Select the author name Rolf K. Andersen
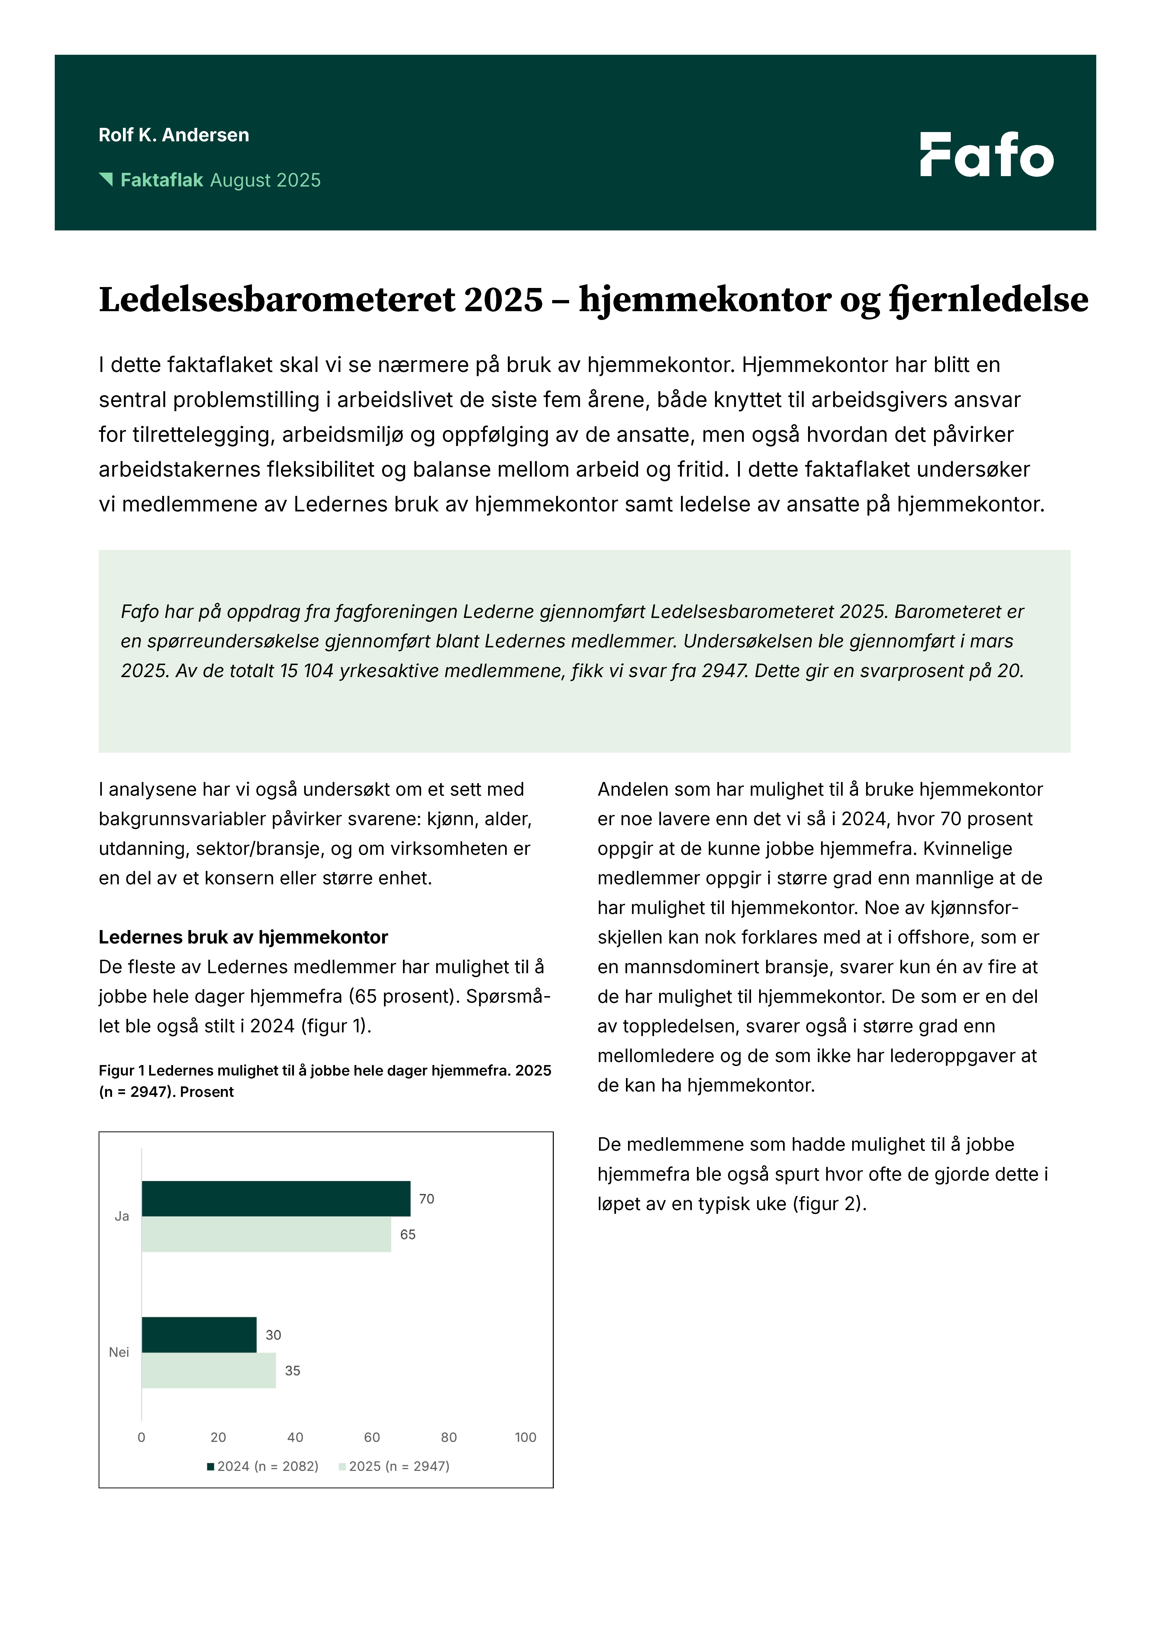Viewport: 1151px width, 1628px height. click(x=174, y=135)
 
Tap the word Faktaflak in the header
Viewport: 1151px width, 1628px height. click(x=162, y=180)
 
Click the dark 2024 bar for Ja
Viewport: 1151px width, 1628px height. click(x=276, y=1198)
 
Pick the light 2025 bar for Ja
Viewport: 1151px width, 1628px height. click(x=266, y=1234)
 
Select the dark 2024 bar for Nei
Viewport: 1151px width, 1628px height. click(x=199, y=1334)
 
